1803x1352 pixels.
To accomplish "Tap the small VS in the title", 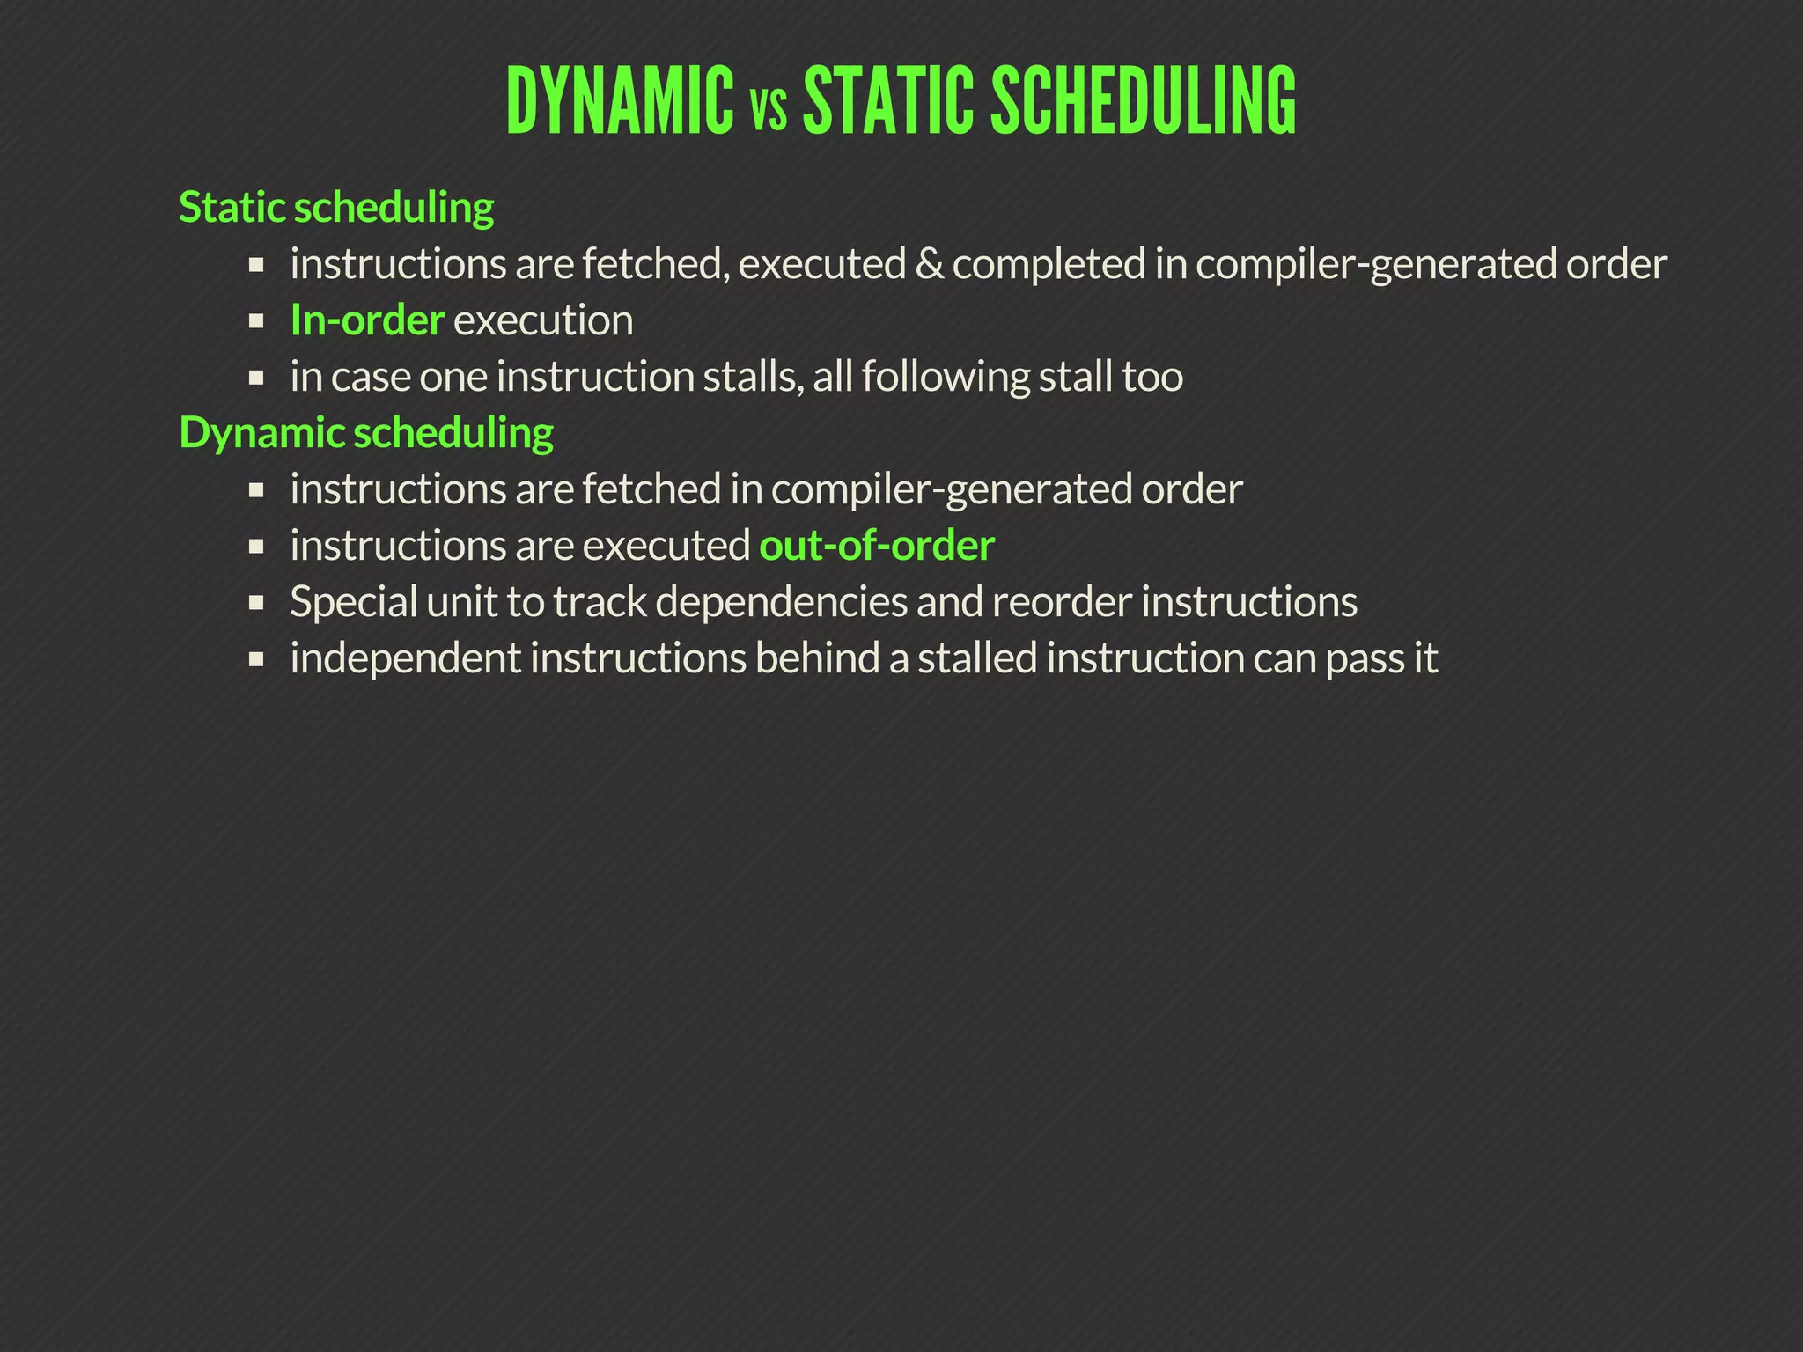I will click(x=769, y=113).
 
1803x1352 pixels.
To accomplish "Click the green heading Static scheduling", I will click(x=335, y=208).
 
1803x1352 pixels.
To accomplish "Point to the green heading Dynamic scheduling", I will click(x=365, y=433).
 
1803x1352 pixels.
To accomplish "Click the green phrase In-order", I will click(x=367, y=320).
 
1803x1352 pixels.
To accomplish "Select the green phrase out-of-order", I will click(x=877, y=546).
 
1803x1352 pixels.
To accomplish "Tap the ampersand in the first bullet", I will click(x=928, y=264).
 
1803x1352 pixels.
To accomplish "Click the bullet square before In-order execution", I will click(x=256, y=321).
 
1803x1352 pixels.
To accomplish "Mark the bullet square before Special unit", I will click(x=256, y=603).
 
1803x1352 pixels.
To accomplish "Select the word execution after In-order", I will click(x=543, y=320).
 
